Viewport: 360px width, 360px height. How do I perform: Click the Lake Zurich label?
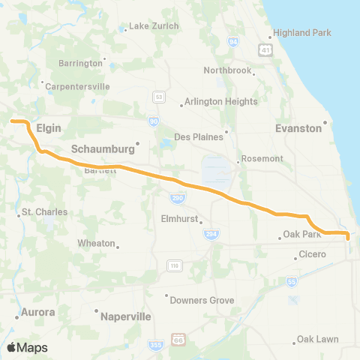tap(154, 26)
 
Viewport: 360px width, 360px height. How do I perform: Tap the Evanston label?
tap(298, 128)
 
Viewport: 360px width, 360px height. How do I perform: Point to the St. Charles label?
tap(45, 212)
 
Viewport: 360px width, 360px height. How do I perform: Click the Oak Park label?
tap(302, 235)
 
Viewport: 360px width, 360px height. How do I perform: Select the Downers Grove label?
tap(202, 300)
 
